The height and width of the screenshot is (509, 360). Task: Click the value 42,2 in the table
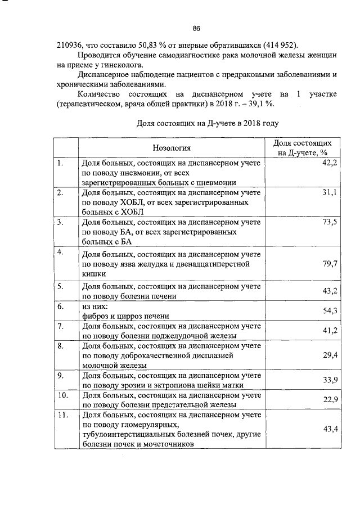329,163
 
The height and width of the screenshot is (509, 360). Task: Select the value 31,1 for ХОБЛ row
329,193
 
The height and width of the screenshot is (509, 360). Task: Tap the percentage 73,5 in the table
329,223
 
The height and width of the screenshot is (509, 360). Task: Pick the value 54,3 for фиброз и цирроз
329,311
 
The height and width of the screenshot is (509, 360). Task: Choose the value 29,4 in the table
329,355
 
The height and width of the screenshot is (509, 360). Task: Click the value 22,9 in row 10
329,399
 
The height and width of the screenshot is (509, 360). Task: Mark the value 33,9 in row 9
329,380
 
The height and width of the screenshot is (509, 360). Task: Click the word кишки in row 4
92,274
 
